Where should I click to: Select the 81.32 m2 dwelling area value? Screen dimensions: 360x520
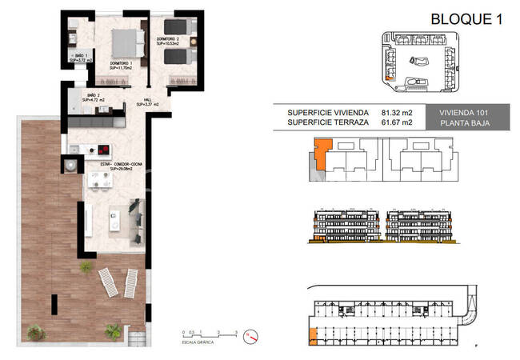pyautogui.click(x=397, y=113)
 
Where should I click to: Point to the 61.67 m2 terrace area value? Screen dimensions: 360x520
pyautogui.click(x=397, y=123)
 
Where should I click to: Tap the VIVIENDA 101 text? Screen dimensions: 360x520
pyautogui.click(x=475, y=113)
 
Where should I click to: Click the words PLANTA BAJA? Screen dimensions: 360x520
pyautogui.click(x=475, y=123)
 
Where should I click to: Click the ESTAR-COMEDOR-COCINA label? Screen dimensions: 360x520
pyautogui.click(x=115, y=165)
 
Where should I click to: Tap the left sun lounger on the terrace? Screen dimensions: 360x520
pyautogui.click(x=107, y=282)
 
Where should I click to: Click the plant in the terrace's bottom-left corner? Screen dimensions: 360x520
pyautogui.click(x=35, y=331)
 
